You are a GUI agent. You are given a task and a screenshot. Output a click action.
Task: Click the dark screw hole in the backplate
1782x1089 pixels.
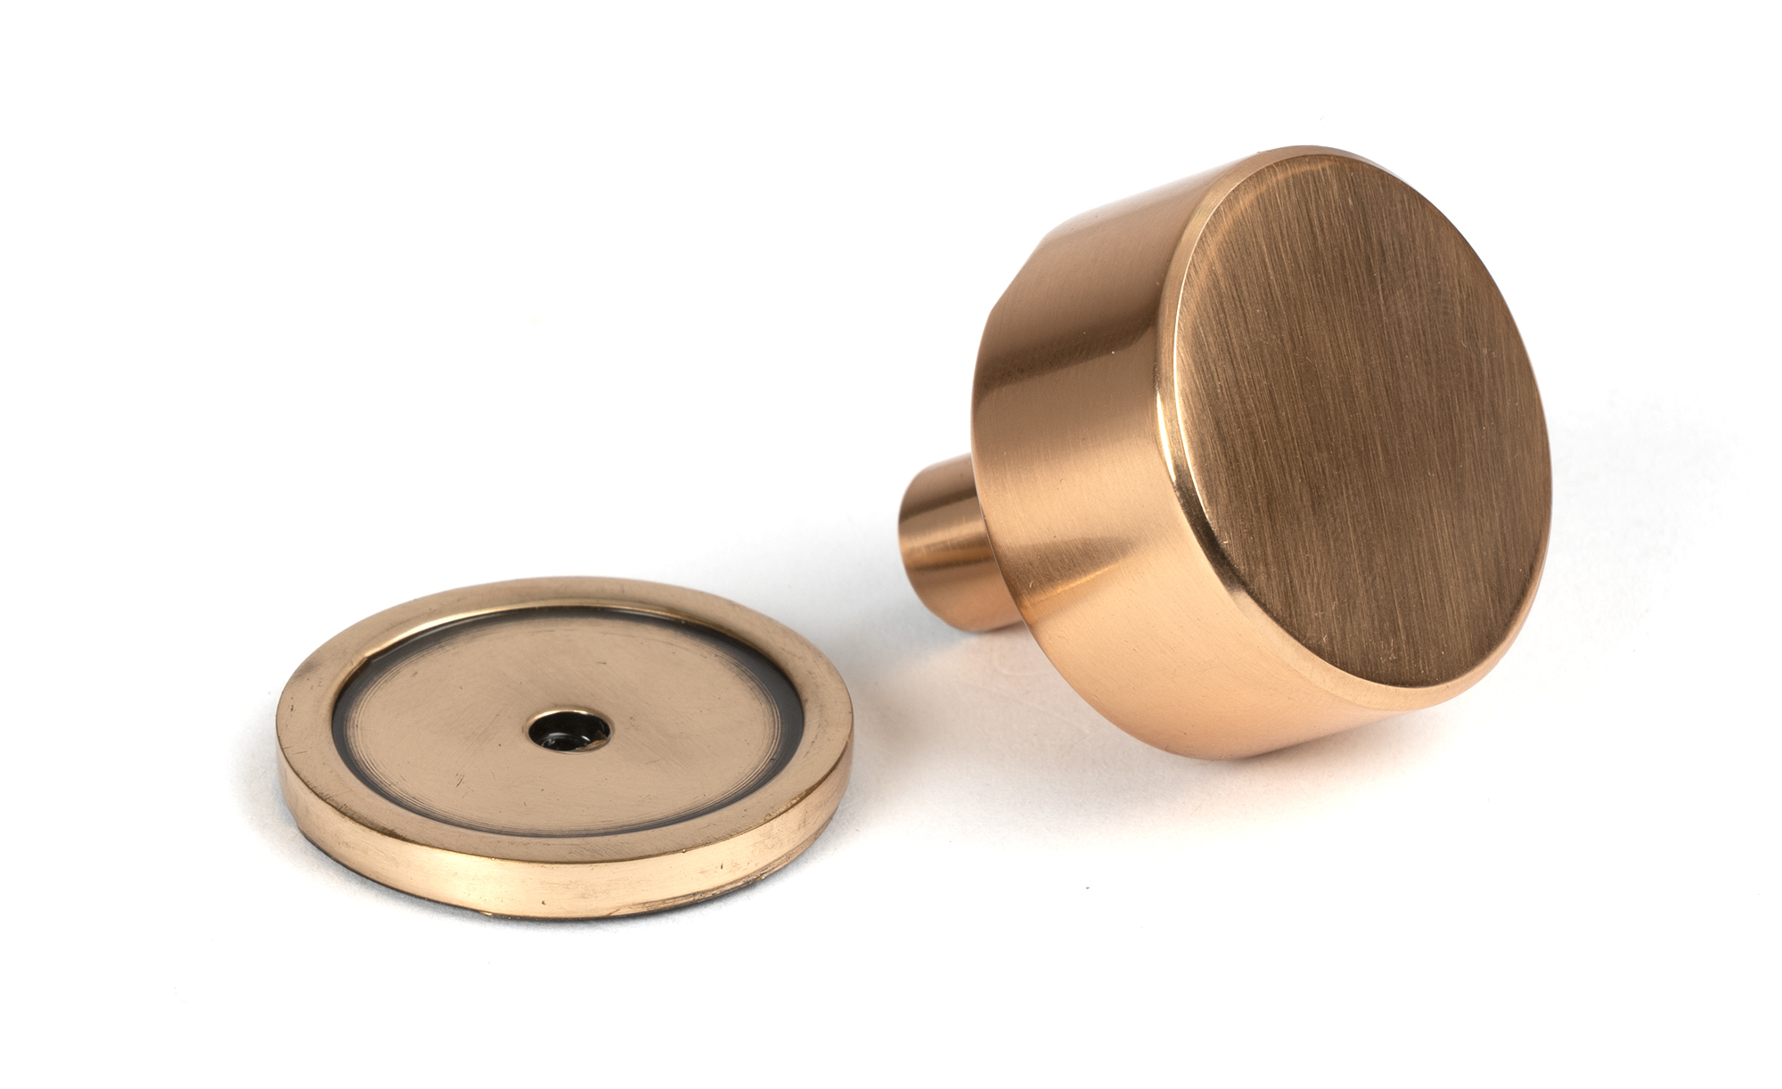(x=568, y=730)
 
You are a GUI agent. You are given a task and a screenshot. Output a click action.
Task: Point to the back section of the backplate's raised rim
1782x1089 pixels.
(x=570, y=594)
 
